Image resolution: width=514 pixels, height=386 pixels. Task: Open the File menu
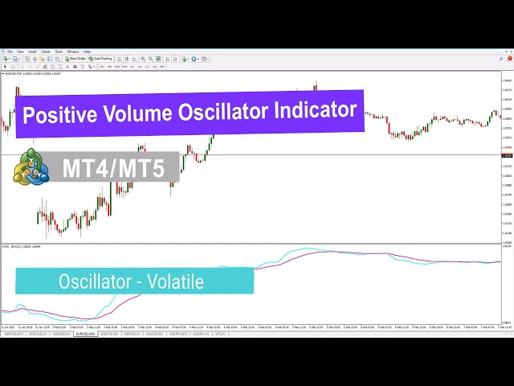(9, 52)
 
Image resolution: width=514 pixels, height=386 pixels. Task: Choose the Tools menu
(59, 52)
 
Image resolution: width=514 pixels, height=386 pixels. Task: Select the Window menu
(73, 52)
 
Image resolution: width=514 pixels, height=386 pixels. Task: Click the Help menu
(87, 52)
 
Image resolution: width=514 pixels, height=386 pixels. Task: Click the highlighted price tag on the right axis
(507, 154)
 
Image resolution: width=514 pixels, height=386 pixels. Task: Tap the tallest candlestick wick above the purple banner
(316, 83)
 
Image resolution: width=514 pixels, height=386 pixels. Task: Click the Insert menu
(32, 52)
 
